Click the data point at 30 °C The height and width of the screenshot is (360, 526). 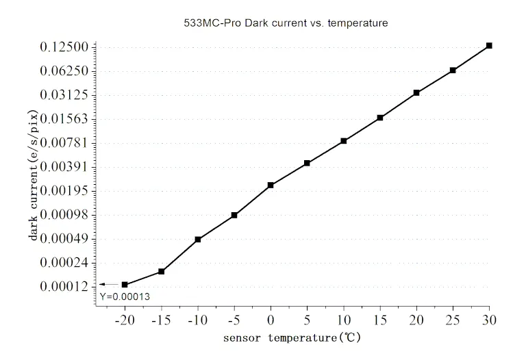tap(489, 46)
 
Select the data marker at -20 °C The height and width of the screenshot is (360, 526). tap(125, 285)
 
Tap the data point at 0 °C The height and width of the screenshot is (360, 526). tap(271, 185)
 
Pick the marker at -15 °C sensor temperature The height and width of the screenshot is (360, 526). tap(162, 272)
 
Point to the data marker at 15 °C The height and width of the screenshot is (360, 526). tap(380, 118)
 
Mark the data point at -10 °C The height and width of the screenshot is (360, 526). tap(198, 240)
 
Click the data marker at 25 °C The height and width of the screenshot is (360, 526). tap(453, 70)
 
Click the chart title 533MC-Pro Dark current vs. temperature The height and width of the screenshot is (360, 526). tap(281, 23)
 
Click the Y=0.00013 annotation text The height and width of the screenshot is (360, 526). tap(125, 296)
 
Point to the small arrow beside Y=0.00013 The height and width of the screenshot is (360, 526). tap(107, 284)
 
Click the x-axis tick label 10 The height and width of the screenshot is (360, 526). tap(343, 320)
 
